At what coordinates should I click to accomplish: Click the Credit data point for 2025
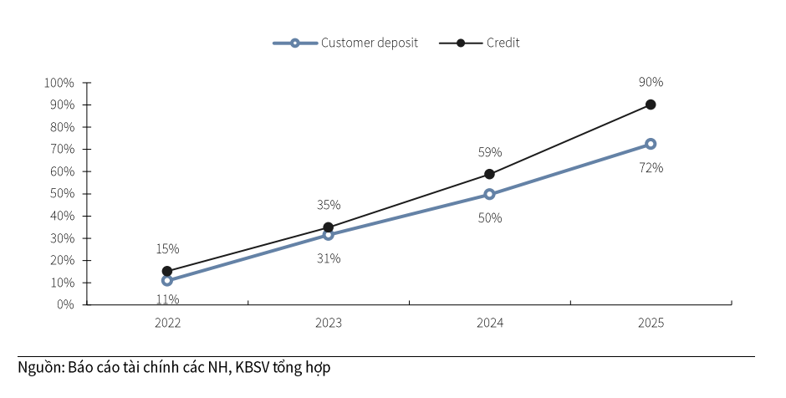coord(651,105)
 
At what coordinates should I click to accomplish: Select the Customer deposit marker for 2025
coord(651,144)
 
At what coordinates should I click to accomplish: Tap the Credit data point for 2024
coord(489,174)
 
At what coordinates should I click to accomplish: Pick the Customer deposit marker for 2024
coord(489,194)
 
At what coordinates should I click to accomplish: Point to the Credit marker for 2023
coord(328,227)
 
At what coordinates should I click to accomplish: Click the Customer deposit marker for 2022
coord(167,280)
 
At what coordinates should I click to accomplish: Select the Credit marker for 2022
coord(167,271)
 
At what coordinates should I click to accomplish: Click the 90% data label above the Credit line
coord(651,82)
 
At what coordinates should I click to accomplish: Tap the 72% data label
coord(651,167)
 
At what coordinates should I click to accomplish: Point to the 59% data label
coord(489,152)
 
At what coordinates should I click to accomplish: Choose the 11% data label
coord(167,298)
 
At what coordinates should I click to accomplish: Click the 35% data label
coord(328,205)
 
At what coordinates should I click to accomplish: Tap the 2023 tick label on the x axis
coord(328,323)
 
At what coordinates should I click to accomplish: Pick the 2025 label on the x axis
coord(651,323)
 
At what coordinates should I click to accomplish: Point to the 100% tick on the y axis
coord(59,83)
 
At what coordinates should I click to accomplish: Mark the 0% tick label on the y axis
coord(65,304)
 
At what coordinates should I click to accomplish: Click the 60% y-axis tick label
coord(62,171)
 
